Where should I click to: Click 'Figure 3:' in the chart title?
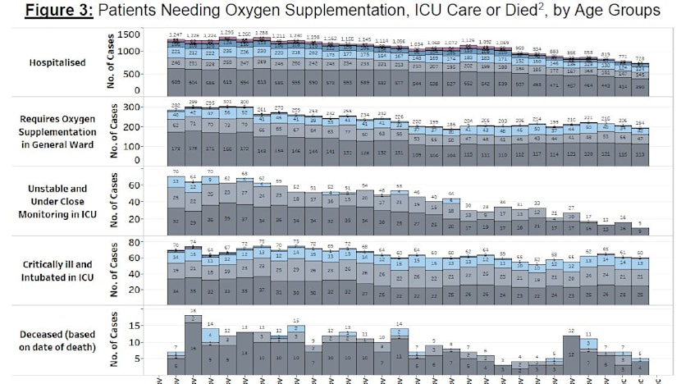59,11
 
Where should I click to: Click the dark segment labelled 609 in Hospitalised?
175,83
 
